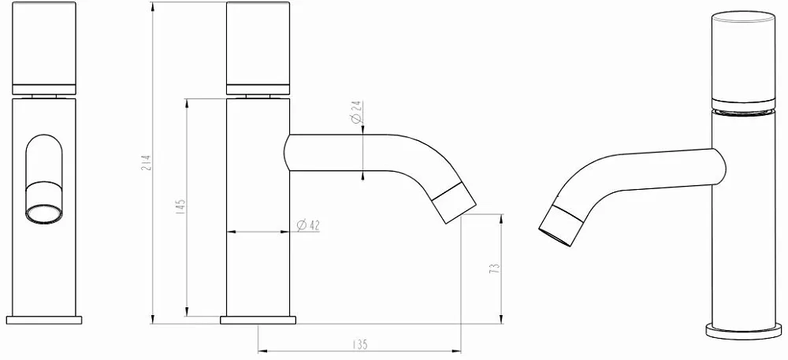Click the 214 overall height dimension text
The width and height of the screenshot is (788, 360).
[147, 163]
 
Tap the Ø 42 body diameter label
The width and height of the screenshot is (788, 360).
[309, 226]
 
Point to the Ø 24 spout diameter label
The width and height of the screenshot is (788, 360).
[356, 111]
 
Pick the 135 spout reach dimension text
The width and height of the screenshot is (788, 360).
[359, 345]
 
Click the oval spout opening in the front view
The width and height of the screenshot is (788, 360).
[44, 214]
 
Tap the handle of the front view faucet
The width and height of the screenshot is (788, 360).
[43, 48]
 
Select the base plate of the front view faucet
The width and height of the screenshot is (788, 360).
[43, 321]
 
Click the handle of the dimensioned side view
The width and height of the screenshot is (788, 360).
[258, 48]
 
